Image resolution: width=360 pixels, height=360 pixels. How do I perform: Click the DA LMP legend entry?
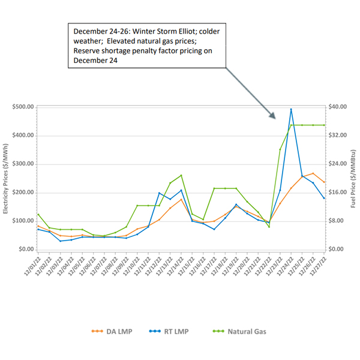tap(108, 331)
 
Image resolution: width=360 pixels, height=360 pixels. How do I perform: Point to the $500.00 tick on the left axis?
tap(22, 107)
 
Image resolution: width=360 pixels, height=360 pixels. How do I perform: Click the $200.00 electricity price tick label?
tap(22, 193)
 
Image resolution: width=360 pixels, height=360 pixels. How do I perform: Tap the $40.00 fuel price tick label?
tap(338, 107)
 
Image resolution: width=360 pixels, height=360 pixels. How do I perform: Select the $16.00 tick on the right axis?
tap(338, 193)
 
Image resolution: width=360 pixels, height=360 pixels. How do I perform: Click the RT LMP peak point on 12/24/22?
tap(291, 109)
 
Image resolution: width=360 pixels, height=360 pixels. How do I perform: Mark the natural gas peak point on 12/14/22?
tap(181, 175)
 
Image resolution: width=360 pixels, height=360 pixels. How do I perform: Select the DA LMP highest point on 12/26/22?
tap(313, 173)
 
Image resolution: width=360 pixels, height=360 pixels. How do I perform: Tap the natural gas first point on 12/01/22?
tap(38, 214)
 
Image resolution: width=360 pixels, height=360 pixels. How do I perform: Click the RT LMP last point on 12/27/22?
tap(324, 198)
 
